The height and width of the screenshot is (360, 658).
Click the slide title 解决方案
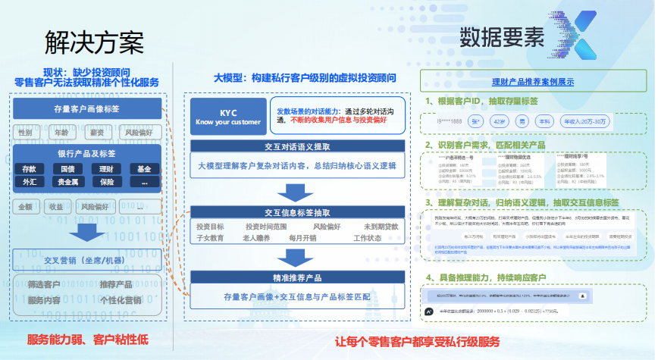pos(94,41)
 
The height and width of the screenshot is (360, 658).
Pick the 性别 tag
pos(26,133)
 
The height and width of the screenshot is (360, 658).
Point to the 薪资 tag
pos(97,133)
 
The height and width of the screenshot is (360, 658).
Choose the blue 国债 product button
pos(67,169)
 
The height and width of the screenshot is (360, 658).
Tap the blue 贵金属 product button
pos(67,182)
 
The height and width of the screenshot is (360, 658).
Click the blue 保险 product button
pos(106,182)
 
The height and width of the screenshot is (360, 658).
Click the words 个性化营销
pos(121,300)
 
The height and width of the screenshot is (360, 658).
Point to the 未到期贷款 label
pos(381,226)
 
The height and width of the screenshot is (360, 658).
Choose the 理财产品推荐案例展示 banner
pos(532,82)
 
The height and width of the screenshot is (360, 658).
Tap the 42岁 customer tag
pos(497,121)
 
